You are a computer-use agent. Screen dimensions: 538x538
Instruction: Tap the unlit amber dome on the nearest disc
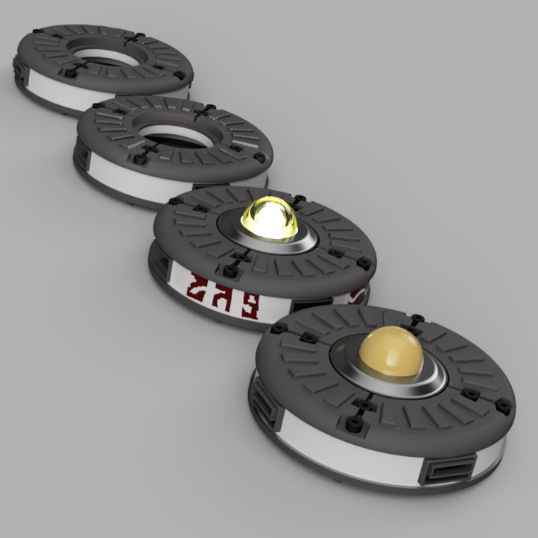coord(390,353)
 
